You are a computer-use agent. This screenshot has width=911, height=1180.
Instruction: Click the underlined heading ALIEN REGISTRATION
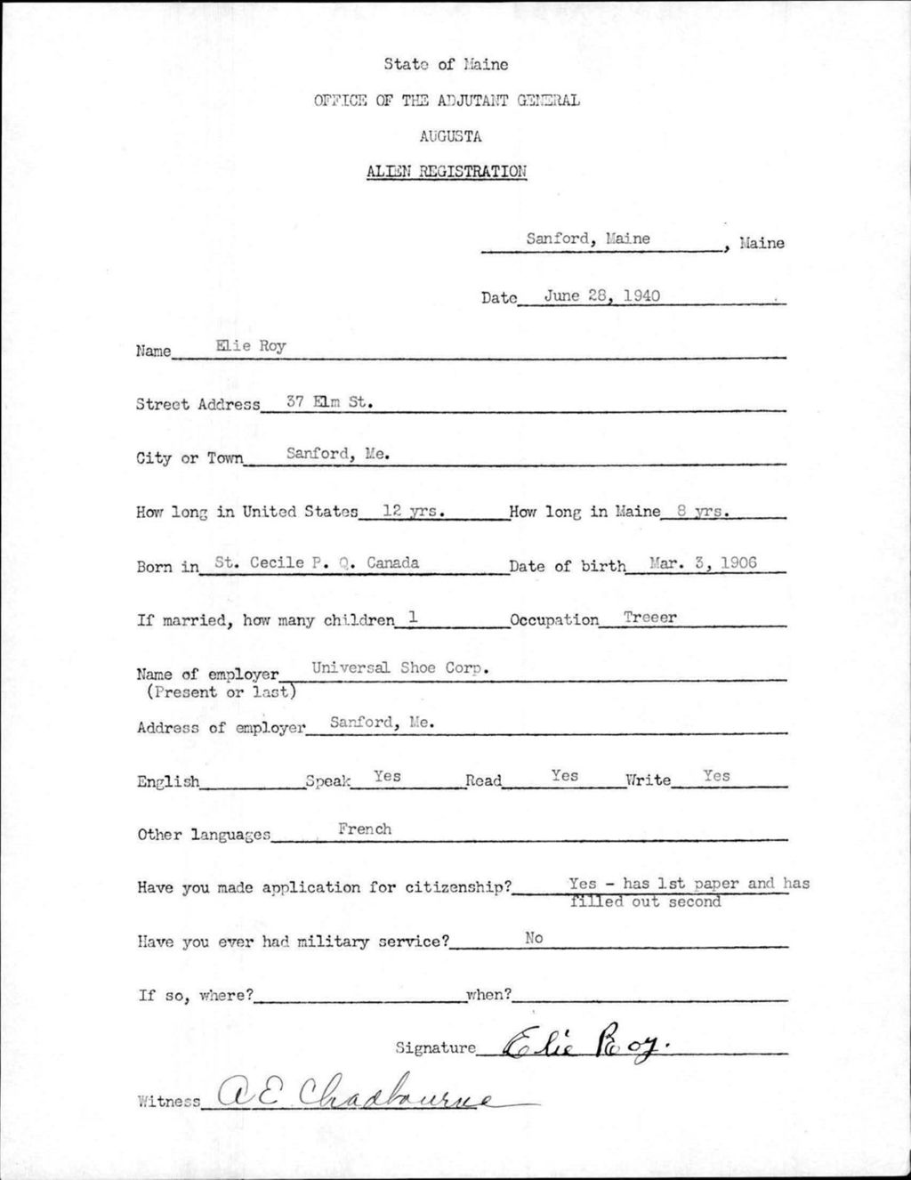(446, 172)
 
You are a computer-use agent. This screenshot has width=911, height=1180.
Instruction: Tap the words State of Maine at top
(446, 64)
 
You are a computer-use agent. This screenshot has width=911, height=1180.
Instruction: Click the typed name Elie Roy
(250, 346)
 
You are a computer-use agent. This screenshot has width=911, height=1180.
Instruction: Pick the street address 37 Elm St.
(328, 401)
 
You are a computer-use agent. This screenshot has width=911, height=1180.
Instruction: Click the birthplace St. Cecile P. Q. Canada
(317, 562)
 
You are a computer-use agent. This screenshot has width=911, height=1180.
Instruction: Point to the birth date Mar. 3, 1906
(704, 562)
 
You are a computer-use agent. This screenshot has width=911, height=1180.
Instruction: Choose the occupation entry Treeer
(649, 616)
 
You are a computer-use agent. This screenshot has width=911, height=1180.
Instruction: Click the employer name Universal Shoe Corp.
(401, 668)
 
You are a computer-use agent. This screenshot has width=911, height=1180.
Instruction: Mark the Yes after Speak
(387, 776)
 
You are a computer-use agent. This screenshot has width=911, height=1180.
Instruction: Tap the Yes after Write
(716, 776)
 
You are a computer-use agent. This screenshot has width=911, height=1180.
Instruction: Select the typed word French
(365, 828)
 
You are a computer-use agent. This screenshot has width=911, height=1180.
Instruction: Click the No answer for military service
(534, 937)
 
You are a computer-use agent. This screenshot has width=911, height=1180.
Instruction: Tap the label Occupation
(554, 619)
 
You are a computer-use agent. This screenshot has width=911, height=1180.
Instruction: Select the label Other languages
(204, 835)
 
